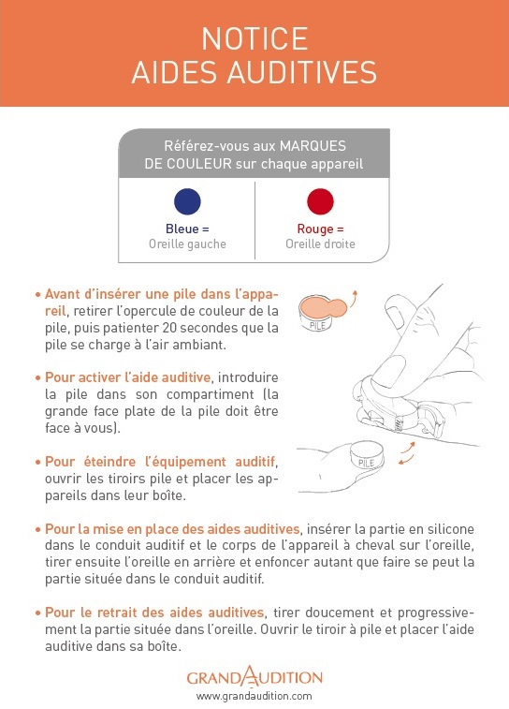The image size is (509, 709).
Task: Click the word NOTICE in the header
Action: [x=254, y=39]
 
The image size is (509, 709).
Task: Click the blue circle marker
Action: [x=187, y=201]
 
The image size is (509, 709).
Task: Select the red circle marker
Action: [x=320, y=201]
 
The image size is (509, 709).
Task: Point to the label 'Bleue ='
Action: [x=187, y=229]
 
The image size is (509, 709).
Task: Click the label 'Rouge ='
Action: [x=320, y=229]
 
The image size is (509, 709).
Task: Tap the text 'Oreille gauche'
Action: [x=187, y=244]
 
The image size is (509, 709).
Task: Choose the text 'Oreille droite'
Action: [x=320, y=244]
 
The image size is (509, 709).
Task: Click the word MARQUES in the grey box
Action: [x=313, y=146]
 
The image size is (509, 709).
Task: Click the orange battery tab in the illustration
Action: [x=323, y=307]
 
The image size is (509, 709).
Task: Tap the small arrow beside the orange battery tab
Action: [x=353, y=298]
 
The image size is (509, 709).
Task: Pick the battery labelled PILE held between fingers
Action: [x=366, y=456]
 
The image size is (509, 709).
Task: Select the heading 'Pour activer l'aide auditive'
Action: [x=128, y=377]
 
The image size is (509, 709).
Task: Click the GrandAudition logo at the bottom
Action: [x=254, y=676]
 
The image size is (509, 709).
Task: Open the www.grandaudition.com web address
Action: [x=254, y=696]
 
